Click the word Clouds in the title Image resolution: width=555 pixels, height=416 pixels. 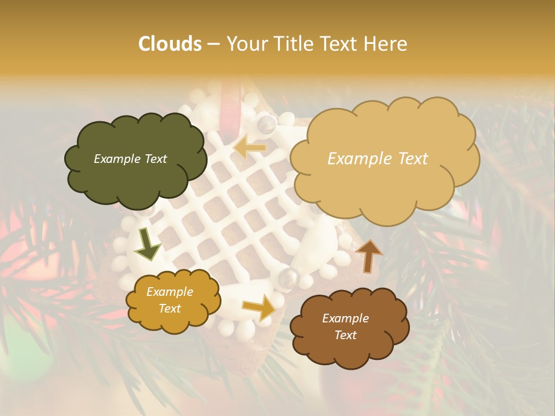point(170,44)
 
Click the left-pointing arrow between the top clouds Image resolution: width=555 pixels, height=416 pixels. point(250,148)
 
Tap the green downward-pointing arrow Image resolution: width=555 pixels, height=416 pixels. point(147,244)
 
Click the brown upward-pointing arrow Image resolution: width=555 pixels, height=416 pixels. point(369,255)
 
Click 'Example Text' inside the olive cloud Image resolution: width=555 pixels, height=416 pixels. point(130,159)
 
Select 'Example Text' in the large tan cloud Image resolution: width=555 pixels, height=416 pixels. point(378,159)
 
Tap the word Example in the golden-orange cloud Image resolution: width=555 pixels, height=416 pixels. point(169,292)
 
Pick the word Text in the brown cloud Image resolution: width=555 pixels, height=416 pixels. point(345,335)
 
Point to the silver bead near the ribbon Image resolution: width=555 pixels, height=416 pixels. point(267,122)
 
